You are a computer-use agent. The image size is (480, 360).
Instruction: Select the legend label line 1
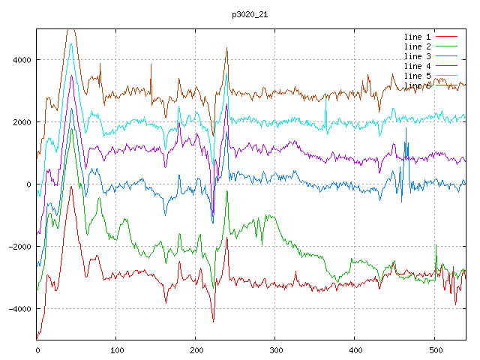click(x=418, y=37)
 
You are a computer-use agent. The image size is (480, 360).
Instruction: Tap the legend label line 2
click(x=418, y=46)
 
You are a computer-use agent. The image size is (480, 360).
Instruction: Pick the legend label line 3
click(x=418, y=56)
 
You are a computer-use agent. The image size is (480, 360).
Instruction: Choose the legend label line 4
click(x=418, y=66)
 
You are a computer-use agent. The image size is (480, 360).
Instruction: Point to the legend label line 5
click(x=418, y=76)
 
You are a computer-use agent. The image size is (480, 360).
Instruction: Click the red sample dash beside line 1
click(x=447, y=37)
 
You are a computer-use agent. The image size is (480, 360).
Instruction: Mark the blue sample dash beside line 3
click(x=447, y=56)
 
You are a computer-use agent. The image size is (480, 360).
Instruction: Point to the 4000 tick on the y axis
click(x=22, y=60)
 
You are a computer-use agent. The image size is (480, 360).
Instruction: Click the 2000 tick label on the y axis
click(x=22, y=122)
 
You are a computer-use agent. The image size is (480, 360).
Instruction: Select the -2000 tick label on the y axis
click(x=20, y=247)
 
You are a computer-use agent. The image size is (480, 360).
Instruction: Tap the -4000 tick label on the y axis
click(x=20, y=309)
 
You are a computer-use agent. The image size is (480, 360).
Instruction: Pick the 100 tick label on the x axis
click(x=116, y=349)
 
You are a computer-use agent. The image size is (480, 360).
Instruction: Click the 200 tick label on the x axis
click(x=196, y=349)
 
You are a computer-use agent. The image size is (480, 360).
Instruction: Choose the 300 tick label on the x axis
click(x=275, y=349)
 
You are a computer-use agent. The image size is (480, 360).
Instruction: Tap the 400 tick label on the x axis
click(x=355, y=349)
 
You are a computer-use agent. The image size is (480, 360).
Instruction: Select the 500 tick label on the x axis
click(x=434, y=349)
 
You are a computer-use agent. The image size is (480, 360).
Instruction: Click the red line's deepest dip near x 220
click(x=213, y=321)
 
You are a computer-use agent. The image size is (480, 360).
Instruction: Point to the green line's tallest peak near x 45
click(x=72, y=129)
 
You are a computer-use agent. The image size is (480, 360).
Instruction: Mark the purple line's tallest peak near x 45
click(x=72, y=76)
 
